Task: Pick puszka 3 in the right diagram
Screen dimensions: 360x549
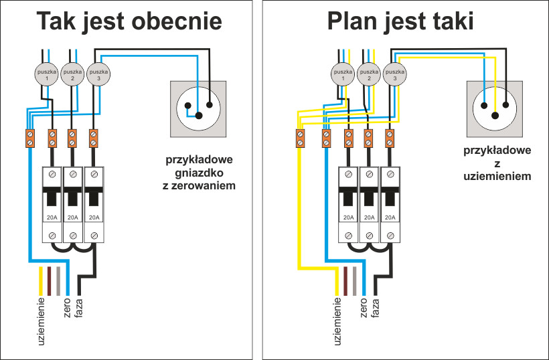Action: pyautogui.click(x=395, y=73)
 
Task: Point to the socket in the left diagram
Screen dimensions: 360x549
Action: pyautogui.click(x=199, y=105)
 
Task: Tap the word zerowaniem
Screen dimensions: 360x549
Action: pyautogui.click(x=200, y=185)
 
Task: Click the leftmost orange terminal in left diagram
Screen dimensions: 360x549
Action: pyautogui.click(x=29, y=139)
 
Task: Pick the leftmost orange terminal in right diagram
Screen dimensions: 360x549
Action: pyautogui.click(x=301, y=139)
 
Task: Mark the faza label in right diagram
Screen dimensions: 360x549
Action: pyautogui.click(x=374, y=308)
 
